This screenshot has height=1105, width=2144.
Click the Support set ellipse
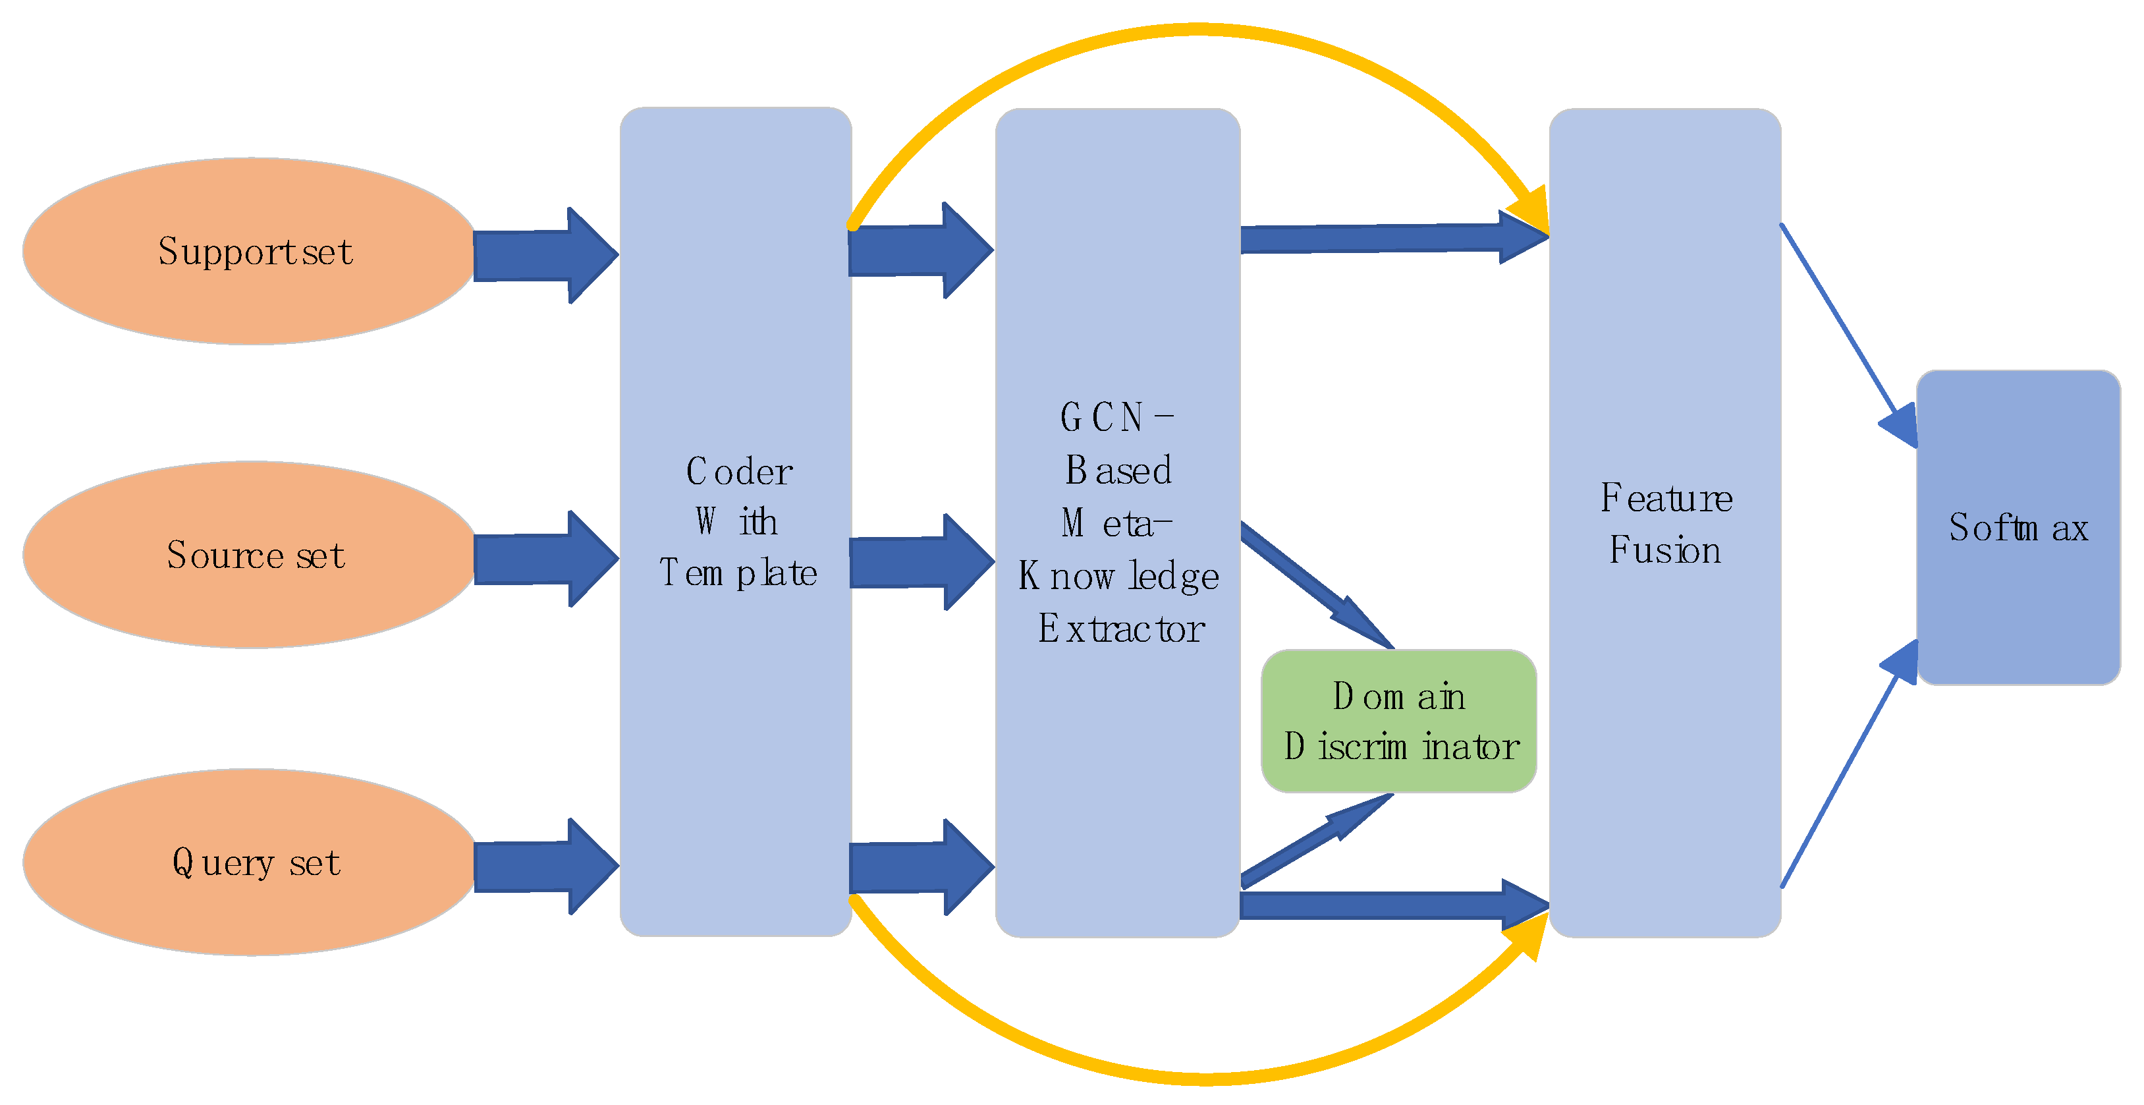pos(250,250)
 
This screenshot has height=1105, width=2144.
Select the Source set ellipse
pos(250,555)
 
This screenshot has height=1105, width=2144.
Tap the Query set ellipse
pos(250,862)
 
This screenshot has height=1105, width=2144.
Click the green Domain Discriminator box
pos(1399,721)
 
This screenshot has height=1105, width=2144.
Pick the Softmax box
pos(2018,527)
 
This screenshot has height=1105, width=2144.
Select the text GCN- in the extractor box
pos(1115,417)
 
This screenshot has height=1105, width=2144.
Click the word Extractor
pos(1120,629)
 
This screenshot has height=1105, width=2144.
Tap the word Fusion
pos(1664,550)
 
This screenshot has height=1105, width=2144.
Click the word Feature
pos(1666,498)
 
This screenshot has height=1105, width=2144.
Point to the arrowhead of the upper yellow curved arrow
pos(1531,212)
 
